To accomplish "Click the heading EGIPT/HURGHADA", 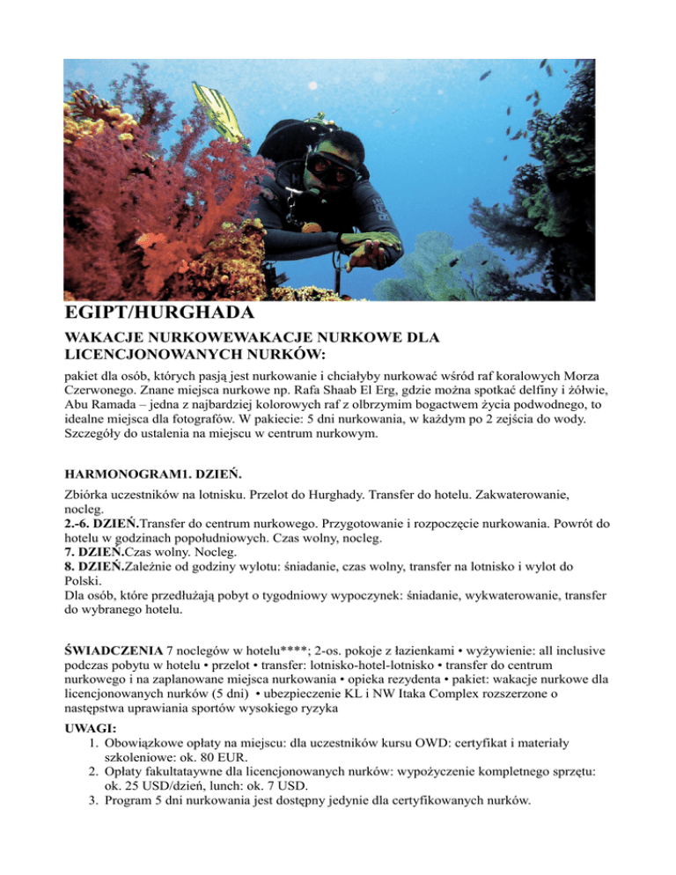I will click(160, 314).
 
